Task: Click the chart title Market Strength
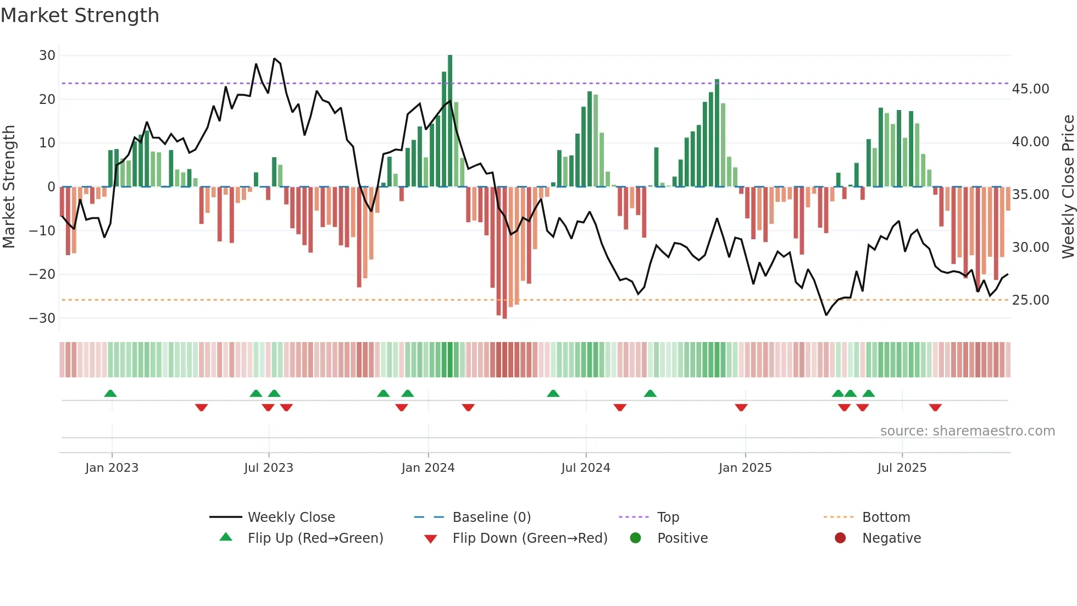pos(80,15)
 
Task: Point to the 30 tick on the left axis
pos(47,56)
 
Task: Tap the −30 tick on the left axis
pos(42,318)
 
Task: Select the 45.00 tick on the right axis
pos(1030,89)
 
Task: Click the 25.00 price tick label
pos(1030,300)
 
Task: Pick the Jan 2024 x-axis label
pos(428,468)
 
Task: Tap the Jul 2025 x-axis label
pos(902,468)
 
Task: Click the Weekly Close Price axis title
pos(1068,187)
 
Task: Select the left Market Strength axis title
pos(9,187)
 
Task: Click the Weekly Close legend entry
pos(291,517)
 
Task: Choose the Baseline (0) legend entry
pos(491,517)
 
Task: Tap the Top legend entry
pos(668,517)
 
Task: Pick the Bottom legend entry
pos(886,517)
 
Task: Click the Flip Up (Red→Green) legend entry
pos(315,538)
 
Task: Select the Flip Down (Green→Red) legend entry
pos(530,538)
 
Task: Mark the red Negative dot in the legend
pos(840,538)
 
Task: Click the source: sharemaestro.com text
pos(967,431)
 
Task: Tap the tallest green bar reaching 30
pos(450,121)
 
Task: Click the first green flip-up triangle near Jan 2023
pos(110,394)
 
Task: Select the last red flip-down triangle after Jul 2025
pos(935,407)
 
